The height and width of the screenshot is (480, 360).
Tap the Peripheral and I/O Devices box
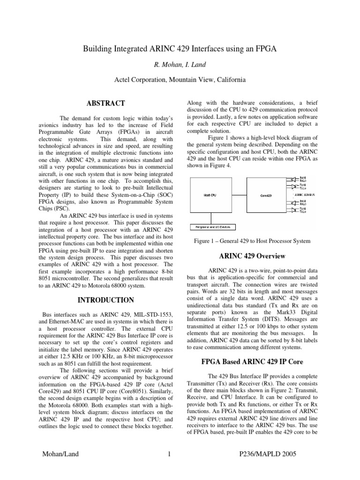212,227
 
